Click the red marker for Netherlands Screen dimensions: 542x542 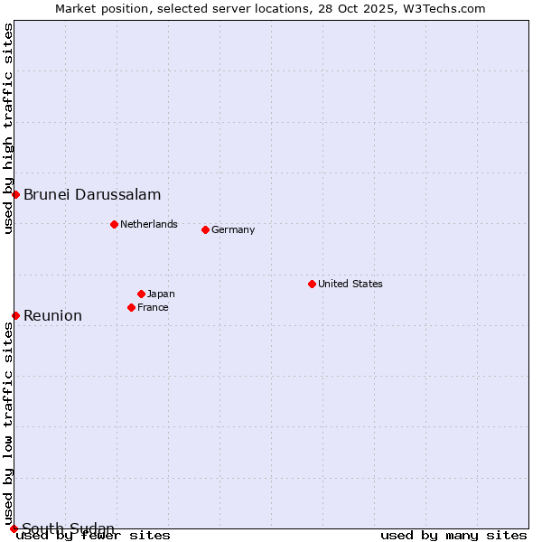(x=114, y=224)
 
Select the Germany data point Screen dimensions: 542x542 (x=205, y=229)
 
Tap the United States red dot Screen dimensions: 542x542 (x=312, y=284)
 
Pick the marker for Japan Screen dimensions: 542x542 (x=141, y=294)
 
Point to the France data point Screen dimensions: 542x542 (x=131, y=307)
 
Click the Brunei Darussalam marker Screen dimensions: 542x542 (x=15, y=194)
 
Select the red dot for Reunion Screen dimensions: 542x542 (x=15, y=315)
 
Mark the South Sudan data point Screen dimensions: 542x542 (x=14, y=528)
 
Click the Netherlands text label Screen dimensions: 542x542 (x=149, y=224)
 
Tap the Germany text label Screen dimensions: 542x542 (x=233, y=229)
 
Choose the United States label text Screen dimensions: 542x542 (x=350, y=284)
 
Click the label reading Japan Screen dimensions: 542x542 (x=161, y=294)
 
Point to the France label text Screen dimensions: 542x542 (x=153, y=307)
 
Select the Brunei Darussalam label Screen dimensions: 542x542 (x=92, y=194)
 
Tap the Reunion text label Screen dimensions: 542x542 (x=52, y=315)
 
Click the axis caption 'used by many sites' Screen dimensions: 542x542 (x=453, y=535)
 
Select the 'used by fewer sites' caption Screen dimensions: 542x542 (x=94, y=535)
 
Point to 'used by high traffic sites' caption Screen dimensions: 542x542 (x=8, y=128)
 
